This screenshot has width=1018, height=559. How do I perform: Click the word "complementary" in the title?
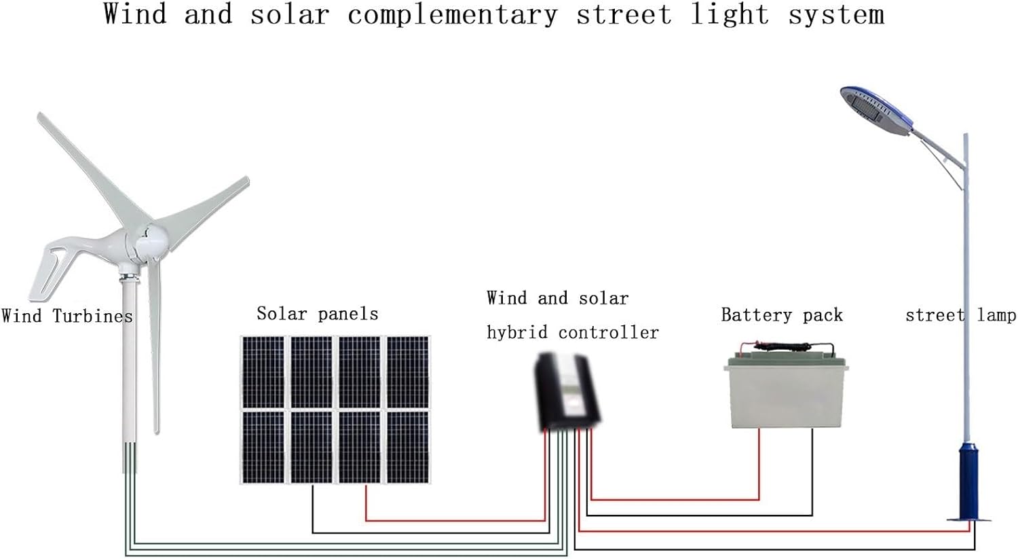452,15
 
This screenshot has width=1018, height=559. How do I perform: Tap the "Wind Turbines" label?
67,316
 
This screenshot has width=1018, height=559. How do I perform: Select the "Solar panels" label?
317,314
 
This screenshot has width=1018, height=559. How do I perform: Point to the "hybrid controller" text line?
572,332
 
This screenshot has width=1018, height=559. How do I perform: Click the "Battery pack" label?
781,315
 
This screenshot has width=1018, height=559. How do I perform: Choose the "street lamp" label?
960,315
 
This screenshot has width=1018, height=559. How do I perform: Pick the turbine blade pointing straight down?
155,353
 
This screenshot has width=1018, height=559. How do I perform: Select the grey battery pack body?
786,397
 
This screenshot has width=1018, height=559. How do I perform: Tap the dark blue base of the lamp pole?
968,482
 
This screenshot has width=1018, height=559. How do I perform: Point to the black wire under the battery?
812,475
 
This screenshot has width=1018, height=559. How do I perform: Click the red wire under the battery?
759,469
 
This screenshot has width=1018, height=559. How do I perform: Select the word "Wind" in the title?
135,14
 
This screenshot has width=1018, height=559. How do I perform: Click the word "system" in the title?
835,15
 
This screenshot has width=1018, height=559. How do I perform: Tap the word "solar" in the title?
290,15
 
